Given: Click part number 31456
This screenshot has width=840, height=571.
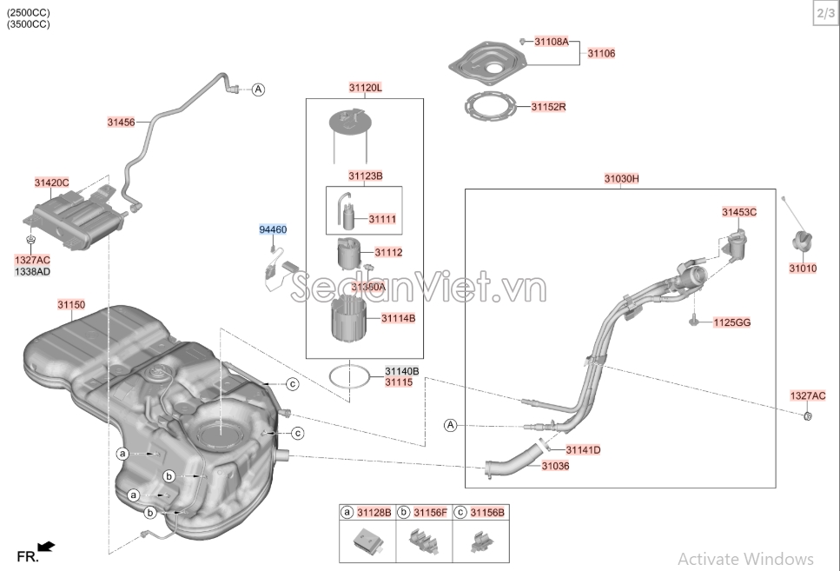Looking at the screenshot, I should [x=122, y=123].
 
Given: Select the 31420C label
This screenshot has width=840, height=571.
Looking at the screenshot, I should [x=52, y=183].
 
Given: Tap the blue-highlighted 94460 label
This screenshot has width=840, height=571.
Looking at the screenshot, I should [x=273, y=229].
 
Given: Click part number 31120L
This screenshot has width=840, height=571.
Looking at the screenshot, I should [x=366, y=88].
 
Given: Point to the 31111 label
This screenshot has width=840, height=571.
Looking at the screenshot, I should [x=382, y=219].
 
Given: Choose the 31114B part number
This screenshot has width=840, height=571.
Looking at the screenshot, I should [x=398, y=318].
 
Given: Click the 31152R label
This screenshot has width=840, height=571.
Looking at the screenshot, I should [x=549, y=107].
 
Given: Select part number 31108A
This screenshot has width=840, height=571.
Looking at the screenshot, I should [x=551, y=41].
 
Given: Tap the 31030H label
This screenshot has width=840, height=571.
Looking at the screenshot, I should [x=622, y=178].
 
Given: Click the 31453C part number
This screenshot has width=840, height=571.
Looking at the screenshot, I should [x=739, y=211].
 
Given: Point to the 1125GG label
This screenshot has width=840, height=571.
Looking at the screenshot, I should [x=732, y=322].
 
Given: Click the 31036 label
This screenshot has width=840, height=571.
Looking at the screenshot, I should [x=555, y=466].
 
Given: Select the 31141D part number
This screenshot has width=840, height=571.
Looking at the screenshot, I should [x=583, y=449].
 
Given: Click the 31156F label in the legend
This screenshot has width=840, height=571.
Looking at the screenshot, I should [x=430, y=513].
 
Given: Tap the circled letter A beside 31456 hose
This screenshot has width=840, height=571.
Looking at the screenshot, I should [x=258, y=90].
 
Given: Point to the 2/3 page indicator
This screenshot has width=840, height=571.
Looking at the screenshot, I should [x=824, y=13].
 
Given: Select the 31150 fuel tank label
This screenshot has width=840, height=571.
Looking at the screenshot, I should [x=71, y=304].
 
